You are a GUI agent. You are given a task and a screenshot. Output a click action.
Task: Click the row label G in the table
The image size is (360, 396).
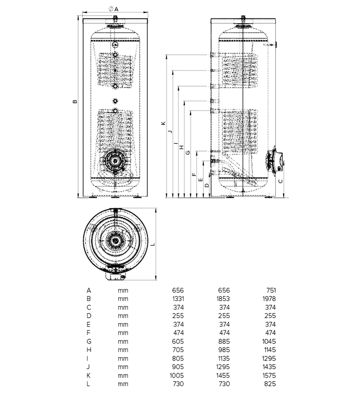[89, 341]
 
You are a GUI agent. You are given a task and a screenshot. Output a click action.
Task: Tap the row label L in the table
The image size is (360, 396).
[89, 384]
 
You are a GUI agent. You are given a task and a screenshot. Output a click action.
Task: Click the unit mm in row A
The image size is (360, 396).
[123, 290]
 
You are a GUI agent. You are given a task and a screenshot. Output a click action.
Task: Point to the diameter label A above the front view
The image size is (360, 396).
[116, 9]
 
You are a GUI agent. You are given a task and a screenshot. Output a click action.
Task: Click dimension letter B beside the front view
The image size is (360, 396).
[75, 102]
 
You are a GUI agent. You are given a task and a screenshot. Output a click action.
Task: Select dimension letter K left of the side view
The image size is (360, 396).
[163, 123]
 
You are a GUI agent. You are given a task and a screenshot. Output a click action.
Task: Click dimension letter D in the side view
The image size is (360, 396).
[207, 185]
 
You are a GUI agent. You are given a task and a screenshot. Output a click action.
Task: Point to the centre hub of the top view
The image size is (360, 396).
[116, 241]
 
